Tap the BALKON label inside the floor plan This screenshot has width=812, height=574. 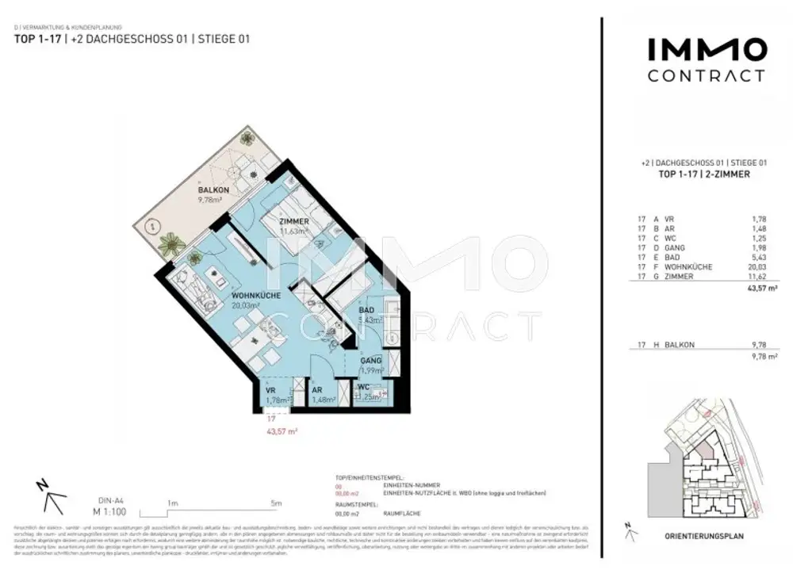coord(213,190)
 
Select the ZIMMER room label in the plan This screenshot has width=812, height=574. coord(293,221)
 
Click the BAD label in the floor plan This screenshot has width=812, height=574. coord(366,311)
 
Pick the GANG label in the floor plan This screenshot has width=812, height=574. coord(371,360)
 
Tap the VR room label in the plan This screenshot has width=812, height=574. coord(270,391)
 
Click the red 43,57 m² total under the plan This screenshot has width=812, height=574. coord(284,432)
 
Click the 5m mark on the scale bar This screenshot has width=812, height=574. coord(276,503)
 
